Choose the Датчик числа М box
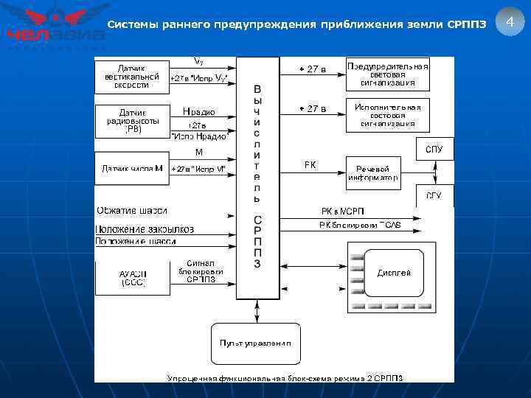(131, 169)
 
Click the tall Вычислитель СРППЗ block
(257, 177)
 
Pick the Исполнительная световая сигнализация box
(387, 116)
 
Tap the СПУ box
(434, 149)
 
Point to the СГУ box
(434, 196)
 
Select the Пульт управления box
(255, 343)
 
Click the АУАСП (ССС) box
(133, 277)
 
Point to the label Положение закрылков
(145, 229)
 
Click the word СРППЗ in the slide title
(466, 25)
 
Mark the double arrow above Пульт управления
(256, 310)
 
